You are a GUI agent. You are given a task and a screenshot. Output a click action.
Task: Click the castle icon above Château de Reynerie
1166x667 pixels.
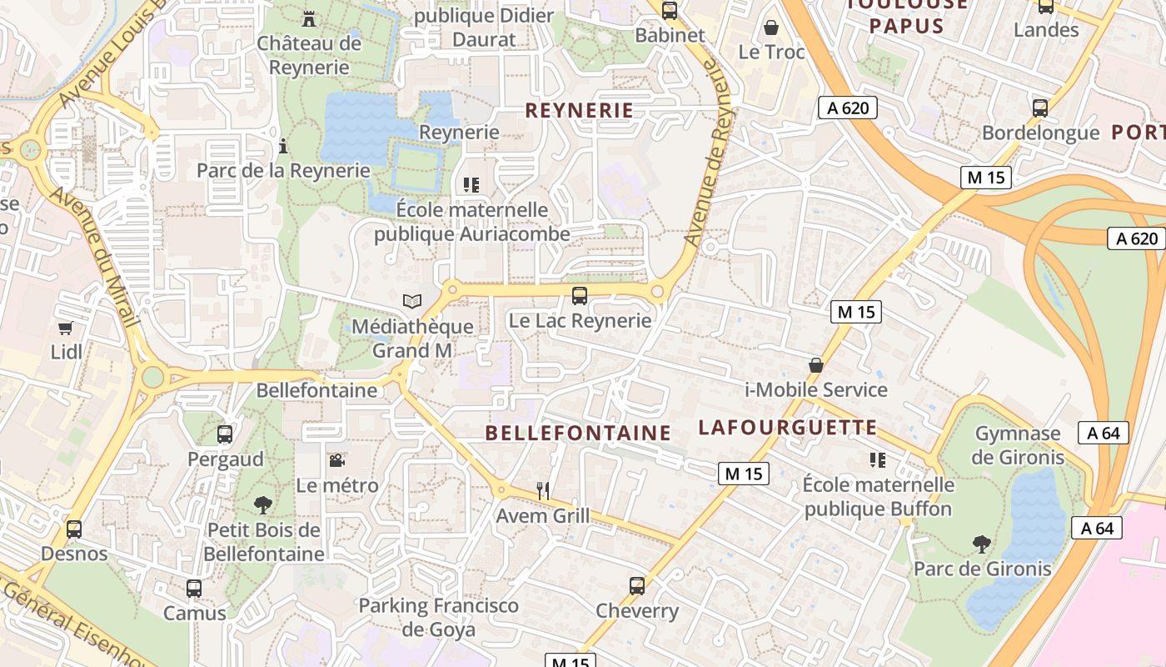pyautogui.click(x=309, y=18)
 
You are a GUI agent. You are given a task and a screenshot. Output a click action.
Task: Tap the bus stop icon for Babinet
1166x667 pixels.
pyautogui.click(x=670, y=11)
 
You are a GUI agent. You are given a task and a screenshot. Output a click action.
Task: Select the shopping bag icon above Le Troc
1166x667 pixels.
pyautogui.click(x=771, y=28)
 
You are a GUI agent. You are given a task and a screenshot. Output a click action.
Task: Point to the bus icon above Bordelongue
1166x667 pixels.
pyautogui.click(x=1040, y=108)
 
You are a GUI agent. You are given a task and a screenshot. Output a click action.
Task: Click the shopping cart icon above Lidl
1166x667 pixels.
pyautogui.click(x=66, y=328)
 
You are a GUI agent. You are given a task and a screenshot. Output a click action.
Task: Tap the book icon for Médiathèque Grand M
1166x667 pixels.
pyautogui.click(x=411, y=301)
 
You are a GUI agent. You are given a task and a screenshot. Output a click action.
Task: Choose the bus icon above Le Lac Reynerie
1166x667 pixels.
pyautogui.click(x=580, y=295)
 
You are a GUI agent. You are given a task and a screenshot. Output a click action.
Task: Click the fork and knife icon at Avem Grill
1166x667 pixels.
pyautogui.click(x=543, y=491)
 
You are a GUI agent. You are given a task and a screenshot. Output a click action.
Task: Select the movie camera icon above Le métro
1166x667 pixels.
pyautogui.click(x=336, y=460)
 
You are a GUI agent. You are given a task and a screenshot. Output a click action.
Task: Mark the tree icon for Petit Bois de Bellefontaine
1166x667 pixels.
pyautogui.click(x=263, y=504)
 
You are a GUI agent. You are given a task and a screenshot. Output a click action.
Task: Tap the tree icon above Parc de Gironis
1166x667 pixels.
pyautogui.click(x=982, y=544)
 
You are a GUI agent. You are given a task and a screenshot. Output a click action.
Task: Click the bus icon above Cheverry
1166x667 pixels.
pyautogui.click(x=637, y=585)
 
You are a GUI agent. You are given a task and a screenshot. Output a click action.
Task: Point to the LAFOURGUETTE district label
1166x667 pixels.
pyautogui.click(x=787, y=428)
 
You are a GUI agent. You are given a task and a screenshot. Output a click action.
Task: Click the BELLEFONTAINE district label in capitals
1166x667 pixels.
pyautogui.click(x=577, y=433)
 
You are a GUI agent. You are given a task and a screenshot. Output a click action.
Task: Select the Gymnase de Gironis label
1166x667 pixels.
pyautogui.click(x=1018, y=445)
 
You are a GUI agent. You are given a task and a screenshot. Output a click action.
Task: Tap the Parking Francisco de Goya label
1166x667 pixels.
pyautogui.click(x=438, y=617)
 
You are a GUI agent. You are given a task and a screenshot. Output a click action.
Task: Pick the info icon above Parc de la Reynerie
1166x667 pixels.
pyautogui.click(x=283, y=147)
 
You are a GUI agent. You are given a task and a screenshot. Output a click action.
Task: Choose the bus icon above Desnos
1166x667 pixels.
pyautogui.click(x=74, y=529)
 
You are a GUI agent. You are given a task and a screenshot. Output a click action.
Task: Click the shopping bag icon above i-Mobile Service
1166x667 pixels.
pyautogui.click(x=816, y=365)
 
